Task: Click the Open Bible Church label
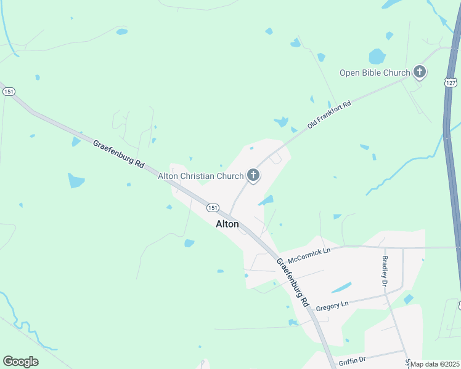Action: click(x=375, y=73)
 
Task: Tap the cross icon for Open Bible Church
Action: click(x=420, y=73)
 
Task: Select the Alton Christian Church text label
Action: click(x=201, y=176)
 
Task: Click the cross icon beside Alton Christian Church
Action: click(x=253, y=176)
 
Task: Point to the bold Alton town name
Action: click(x=227, y=224)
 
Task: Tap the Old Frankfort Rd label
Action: click(x=329, y=114)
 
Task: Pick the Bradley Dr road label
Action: click(x=385, y=272)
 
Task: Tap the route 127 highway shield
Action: click(x=451, y=82)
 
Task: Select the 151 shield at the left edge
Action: click(x=9, y=91)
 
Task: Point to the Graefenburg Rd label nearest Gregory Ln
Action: click(x=292, y=282)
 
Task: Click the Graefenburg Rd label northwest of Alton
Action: click(x=118, y=155)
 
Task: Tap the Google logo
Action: click(x=20, y=362)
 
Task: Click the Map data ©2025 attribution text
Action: click(x=435, y=364)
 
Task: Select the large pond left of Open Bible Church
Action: click(x=377, y=57)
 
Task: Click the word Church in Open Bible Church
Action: click(x=397, y=73)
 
